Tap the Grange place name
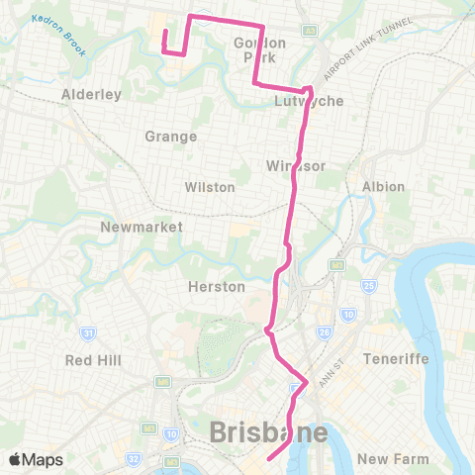(x=171, y=137)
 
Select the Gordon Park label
(x=260, y=49)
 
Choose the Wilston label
(x=209, y=187)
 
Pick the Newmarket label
(x=142, y=227)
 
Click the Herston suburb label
(x=216, y=286)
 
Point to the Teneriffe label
(x=396, y=358)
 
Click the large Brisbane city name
(x=269, y=432)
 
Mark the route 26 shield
(x=325, y=332)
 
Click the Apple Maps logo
(x=35, y=459)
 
